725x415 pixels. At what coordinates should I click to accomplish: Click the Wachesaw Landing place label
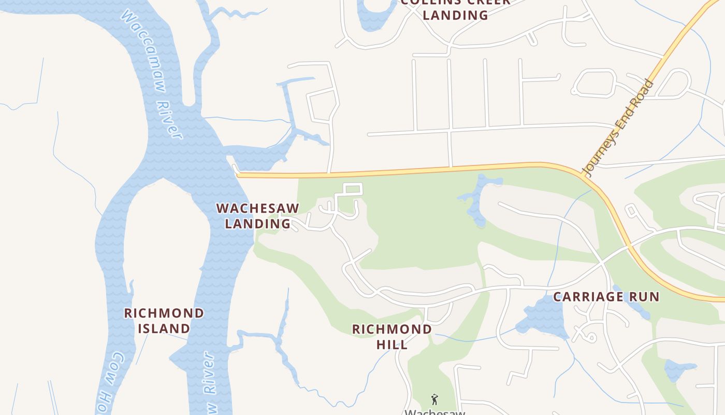[257, 216]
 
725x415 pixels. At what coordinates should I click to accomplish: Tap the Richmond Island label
[164, 321]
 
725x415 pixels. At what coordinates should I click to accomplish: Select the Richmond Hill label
[392, 336]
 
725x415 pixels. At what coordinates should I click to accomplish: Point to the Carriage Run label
[606, 297]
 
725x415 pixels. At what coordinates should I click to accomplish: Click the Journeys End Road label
[617, 128]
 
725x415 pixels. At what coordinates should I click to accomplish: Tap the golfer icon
[434, 399]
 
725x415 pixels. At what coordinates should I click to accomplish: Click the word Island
[164, 328]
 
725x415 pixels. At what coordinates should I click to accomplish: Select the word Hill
[392, 344]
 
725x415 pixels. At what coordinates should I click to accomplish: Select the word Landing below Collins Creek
[455, 15]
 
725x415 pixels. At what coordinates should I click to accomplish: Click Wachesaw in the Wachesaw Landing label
[257, 209]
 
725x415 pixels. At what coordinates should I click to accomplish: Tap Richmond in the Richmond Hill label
[392, 329]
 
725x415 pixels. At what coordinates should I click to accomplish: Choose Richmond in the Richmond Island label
[164, 313]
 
